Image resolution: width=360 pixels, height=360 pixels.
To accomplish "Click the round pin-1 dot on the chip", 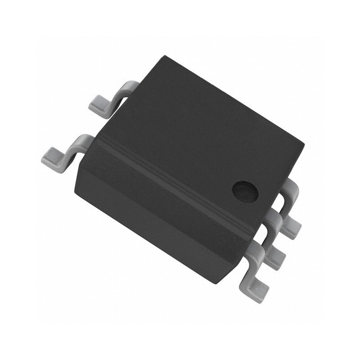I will (245, 191).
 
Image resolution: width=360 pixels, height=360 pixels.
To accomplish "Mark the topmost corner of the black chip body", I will (166, 56).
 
